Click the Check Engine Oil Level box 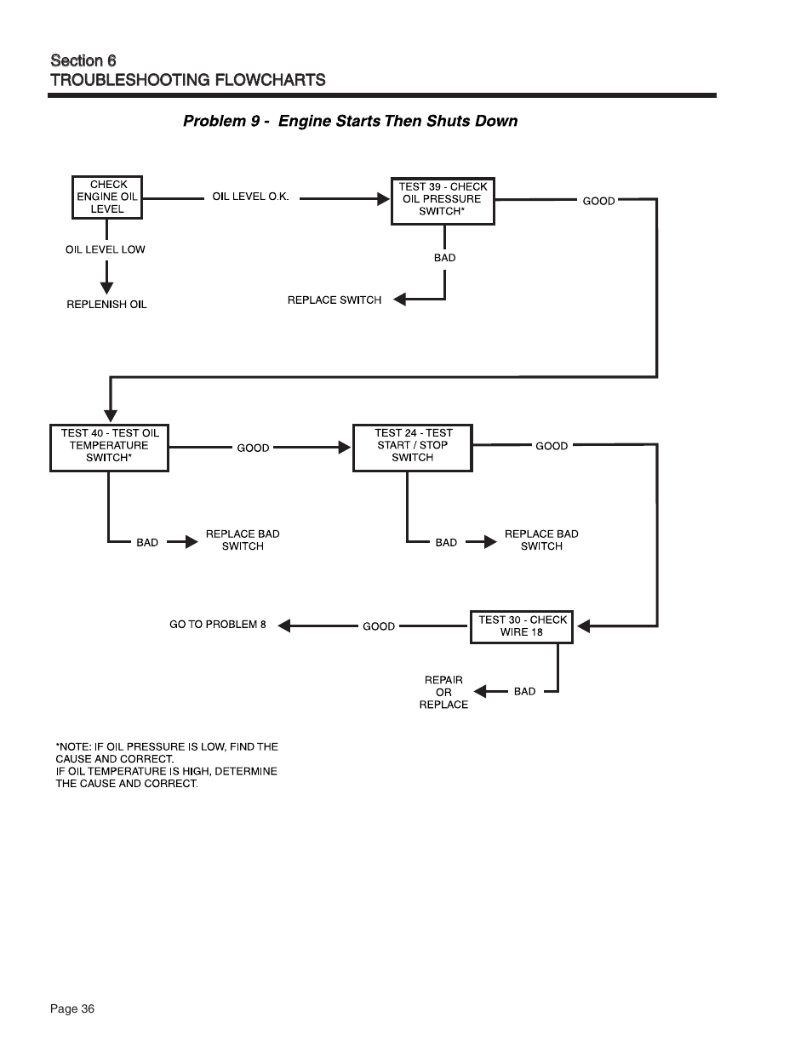pyautogui.click(x=106, y=197)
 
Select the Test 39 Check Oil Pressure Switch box pyautogui.click(x=443, y=201)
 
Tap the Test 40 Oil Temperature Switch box pyautogui.click(x=110, y=448)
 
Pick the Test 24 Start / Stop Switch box pyautogui.click(x=413, y=448)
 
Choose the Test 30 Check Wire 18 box pyautogui.click(x=522, y=626)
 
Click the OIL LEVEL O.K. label pyautogui.click(x=250, y=197)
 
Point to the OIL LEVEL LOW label pyautogui.click(x=106, y=250)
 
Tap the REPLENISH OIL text pyautogui.click(x=106, y=305)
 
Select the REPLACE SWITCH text pyautogui.click(x=335, y=300)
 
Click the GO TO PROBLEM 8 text pyautogui.click(x=218, y=625)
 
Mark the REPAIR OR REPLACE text pyautogui.click(x=443, y=692)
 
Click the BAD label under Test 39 pyautogui.click(x=444, y=258)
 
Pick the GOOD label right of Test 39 pyautogui.click(x=598, y=202)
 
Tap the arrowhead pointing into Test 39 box pyautogui.click(x=384, y=199)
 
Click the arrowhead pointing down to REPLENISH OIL pyautogui.click(x=106, y=288)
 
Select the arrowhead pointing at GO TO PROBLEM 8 pyautogui.click(x=284, y=625)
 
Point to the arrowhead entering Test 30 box pyautogui.click(x=583, y=626)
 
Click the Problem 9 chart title pyautogui.click(x=350, y=121)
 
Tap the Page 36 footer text pyautogui.click(x=72, y=1009)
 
